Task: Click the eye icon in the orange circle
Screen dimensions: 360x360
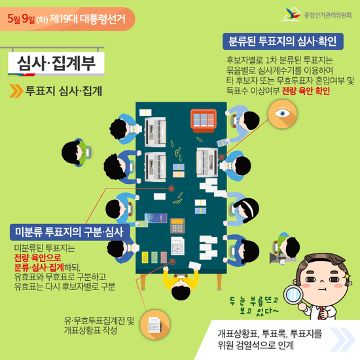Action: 283,113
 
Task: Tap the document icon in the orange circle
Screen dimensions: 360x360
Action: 154,325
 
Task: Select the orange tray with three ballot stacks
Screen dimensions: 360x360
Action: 204,120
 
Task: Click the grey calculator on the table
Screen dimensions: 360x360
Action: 177,226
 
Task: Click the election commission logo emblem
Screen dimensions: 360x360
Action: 291,14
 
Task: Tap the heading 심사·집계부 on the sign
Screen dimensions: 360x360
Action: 56,63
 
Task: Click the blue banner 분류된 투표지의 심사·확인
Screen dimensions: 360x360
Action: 283,41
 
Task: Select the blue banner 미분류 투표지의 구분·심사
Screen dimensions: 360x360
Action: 70,232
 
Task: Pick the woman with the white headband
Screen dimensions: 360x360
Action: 243,209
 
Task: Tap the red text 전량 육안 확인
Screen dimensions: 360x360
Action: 306,91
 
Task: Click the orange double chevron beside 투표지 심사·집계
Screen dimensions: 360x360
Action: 16,91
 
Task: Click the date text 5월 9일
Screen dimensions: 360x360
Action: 21,19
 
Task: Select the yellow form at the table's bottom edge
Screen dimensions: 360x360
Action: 145,257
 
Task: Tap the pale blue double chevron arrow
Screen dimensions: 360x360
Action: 342,340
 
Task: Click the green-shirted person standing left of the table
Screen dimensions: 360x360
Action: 77,153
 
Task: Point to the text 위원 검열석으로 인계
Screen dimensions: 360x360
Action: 255,345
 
